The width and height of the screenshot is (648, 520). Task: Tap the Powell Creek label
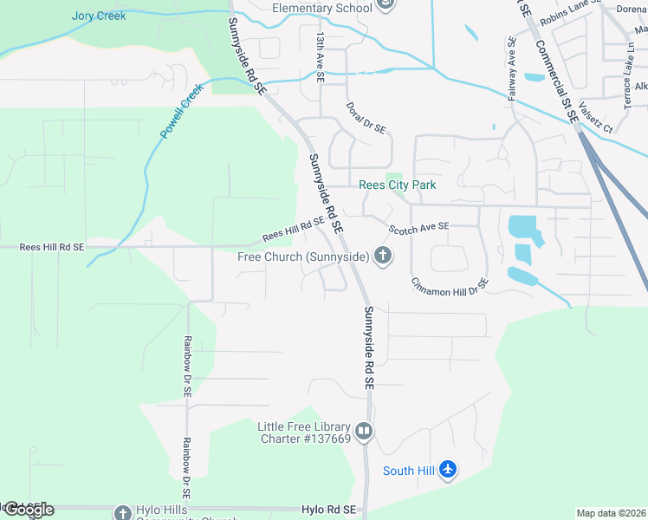(181, 111)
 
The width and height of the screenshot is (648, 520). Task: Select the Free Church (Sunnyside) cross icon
(383, 257)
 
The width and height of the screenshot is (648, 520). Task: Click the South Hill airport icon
(447, 470)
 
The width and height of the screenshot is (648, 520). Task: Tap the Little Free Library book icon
(364, 431)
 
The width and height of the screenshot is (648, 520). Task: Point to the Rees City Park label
(398, 185)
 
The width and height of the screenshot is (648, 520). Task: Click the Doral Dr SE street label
(366, 117)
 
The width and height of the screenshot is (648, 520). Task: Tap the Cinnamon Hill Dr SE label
(450, 287)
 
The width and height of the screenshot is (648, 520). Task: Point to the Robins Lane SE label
(563, 13)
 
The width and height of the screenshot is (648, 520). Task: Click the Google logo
(28, 510)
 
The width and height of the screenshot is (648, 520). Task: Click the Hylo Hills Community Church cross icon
(122, 512)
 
